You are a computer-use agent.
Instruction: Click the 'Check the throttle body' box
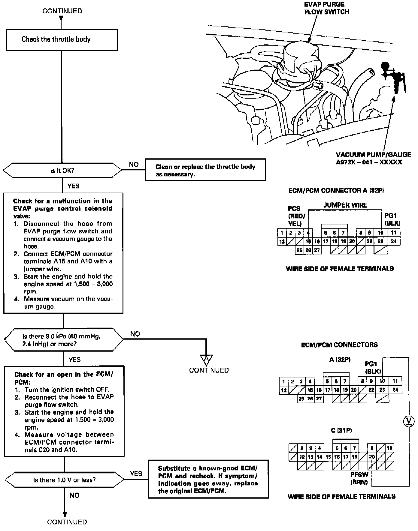coord(62,40)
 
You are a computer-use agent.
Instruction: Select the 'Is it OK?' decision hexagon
coord(62,170)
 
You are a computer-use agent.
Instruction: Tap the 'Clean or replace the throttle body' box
coord(205,170)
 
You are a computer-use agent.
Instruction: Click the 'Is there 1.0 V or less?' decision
coord(64,480)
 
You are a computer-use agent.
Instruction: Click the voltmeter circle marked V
coord(408,421)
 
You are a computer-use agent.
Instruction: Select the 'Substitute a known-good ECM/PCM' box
coord(208,479)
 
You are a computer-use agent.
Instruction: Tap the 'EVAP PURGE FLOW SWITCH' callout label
coord(326,8)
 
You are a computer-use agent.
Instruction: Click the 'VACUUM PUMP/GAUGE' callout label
coord(369,158)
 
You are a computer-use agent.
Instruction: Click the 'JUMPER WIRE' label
coord(345,205)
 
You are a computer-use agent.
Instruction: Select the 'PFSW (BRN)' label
coord(359,478)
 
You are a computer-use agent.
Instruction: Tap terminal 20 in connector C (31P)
coord(372,457)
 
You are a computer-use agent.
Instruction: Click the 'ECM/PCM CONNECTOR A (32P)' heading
coord(336,190)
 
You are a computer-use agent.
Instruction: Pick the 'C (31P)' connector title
coord(341,430)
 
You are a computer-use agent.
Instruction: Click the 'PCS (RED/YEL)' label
coord(295,216)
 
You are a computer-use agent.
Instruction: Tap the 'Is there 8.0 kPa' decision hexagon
coord(63,340)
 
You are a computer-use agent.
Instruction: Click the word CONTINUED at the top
coord(62,11)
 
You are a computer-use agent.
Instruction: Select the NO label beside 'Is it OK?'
coord(134,164)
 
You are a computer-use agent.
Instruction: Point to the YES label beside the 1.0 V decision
coord(136,473)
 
